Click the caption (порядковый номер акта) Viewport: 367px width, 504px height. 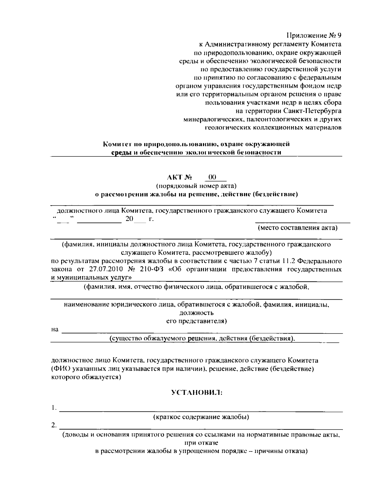pos(196,186)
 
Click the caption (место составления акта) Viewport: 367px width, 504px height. pos(298,228)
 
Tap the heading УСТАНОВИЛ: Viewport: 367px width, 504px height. pos(196,393)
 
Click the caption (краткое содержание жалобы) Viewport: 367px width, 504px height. pos(201,417)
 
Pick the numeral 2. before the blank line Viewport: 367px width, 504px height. pos(54,425)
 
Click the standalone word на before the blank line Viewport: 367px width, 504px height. pos(55,330)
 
